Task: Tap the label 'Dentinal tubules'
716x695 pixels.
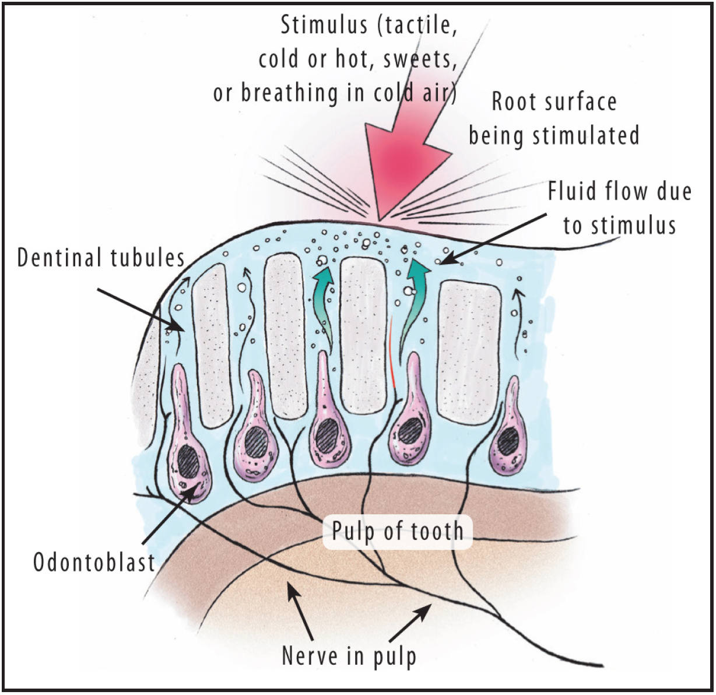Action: [x=100, y=258]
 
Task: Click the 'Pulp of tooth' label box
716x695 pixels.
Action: [x=397, y=531]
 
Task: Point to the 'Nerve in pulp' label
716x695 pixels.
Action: [x=349, y=655]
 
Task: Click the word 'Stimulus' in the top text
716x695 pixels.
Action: [x=324, y=26]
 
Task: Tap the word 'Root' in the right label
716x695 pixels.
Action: [x=513, y=101]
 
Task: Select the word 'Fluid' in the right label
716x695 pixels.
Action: [x=571, y=192]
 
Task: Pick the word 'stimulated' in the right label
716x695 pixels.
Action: [x=586, y=135]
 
